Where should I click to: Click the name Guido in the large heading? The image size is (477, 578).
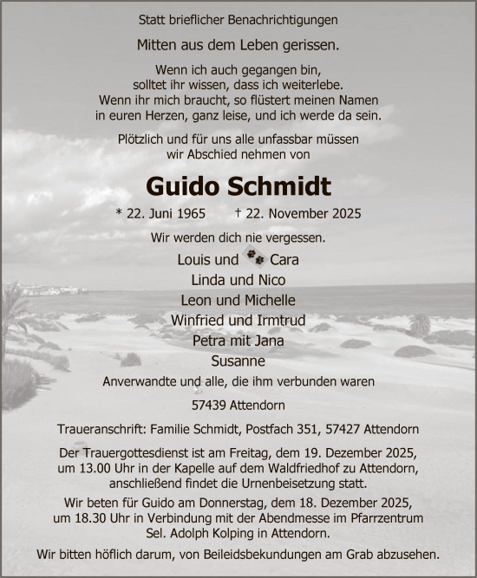click(186, 185)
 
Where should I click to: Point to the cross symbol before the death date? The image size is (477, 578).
click(238, 212)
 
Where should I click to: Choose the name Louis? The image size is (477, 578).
click(194, 259)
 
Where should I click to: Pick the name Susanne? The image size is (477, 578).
click(238, 360)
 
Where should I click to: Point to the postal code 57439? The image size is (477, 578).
click(206, 404)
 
